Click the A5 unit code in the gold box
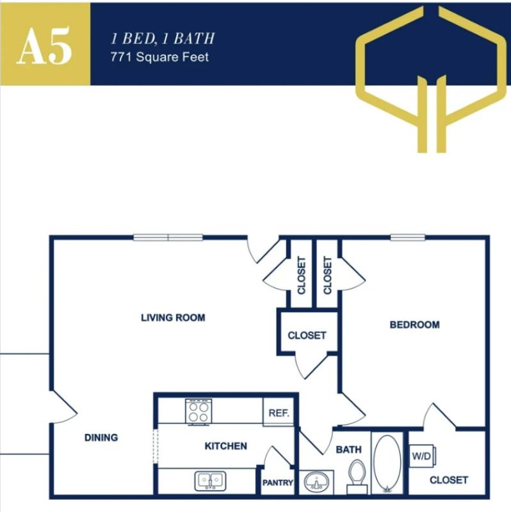44,45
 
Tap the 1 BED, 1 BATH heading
163,38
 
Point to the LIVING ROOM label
173,317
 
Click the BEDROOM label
414,324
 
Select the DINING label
101,438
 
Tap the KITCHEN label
225,445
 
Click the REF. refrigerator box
279,413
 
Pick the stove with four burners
198,411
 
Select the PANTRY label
278,483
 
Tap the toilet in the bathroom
357,477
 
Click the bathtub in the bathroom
386,463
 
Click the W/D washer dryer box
422,457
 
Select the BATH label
348,450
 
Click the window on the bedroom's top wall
408,237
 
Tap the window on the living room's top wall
168,237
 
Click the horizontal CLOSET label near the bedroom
307,335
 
